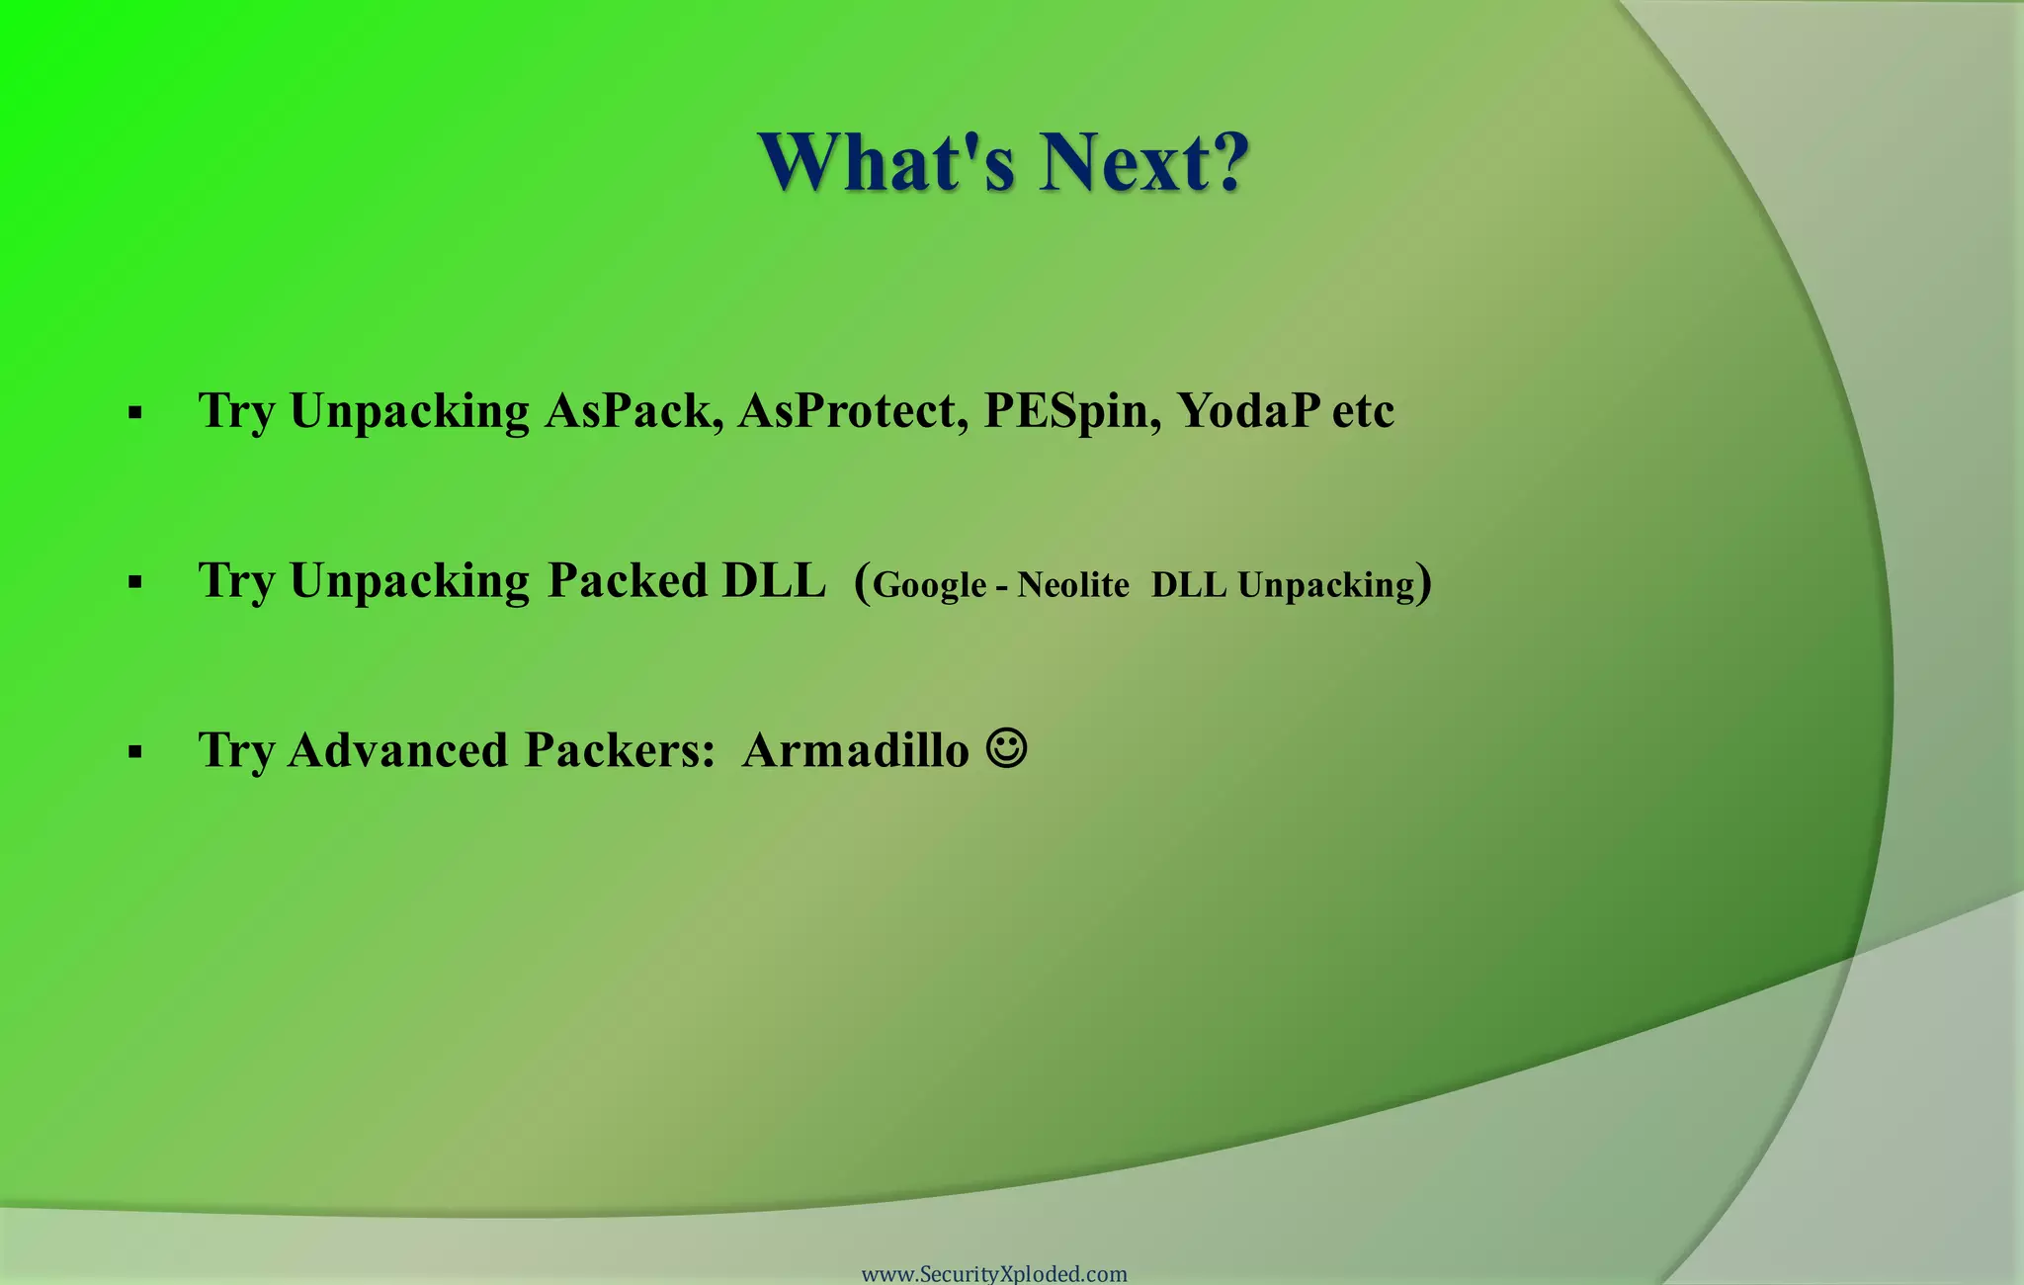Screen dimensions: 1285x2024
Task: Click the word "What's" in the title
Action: click(x=887, y=162)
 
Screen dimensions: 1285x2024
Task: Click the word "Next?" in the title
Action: click(x=1143, y=162)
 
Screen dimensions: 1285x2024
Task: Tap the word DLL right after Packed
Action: click(x=773, y=580)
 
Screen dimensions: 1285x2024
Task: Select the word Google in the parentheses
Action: click(x=929, y=585)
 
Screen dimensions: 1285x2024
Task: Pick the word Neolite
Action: click(x=1073, y=585)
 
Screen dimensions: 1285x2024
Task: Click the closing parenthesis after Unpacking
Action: click(x=1424, y=583)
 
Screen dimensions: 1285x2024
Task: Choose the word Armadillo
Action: click(x=856, y=750)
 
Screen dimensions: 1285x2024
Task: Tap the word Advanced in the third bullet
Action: click(x=398, y=750)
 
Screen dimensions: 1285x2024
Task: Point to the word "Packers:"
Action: click(x=620, y=750)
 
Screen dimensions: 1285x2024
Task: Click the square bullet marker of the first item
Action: click(x=135, y=413)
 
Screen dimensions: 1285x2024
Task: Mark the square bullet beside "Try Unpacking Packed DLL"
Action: click(x=135, y=583)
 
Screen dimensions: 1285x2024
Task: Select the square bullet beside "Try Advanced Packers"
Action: click(x=135, y=753)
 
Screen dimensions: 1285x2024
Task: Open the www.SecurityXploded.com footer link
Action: click(x=994, y=1274)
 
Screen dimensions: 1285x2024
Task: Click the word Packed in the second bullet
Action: click(x=628, y=580)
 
